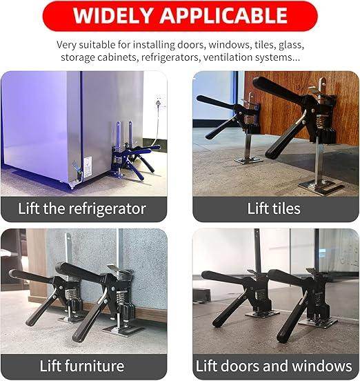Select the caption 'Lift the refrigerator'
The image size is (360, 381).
pyautogui.click(x=83, y=208)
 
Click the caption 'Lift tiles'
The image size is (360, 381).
pyautogui.click(x=274, y=208)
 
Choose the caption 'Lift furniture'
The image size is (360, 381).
pyautogui.click(x=82, y=366)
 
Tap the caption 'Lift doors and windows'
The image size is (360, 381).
pyautogui.click(x=274, y=366)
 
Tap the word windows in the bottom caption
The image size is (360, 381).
pyautogui.click(x=326, y=366)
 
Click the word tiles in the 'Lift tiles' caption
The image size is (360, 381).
pyautogui.click(x=286, y=208)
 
